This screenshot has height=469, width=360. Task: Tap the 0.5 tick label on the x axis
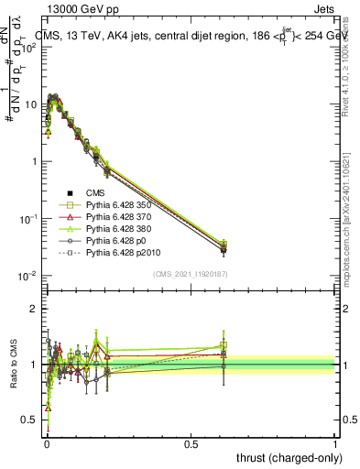(191, 442)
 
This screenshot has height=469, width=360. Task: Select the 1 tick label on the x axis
(335, 442)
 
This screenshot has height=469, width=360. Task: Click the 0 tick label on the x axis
(48, 442)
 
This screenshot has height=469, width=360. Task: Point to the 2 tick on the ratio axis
(34, 309)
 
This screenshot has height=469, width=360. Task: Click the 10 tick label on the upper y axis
(29, 104)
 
